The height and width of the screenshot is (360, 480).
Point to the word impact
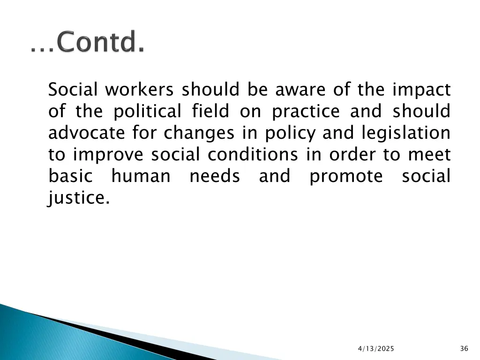pos(421,89)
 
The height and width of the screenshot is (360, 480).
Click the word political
pos(147,111)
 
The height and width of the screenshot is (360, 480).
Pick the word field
pos(210,111)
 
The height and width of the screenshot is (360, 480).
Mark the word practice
pos(306,112)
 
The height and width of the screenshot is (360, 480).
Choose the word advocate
pos(87,133)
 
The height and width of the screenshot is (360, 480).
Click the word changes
pos(198,133)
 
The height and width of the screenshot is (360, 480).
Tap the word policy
pos(291,134)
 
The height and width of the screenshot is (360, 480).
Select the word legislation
pos(405,134)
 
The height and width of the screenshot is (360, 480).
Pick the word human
pos(141,177)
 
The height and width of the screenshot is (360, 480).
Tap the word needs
pos(215,177)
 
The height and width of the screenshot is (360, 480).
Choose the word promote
pos(346,177)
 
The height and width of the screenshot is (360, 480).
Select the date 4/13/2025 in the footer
pos(376,348)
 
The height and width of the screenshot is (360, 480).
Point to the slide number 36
pos(464,348)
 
